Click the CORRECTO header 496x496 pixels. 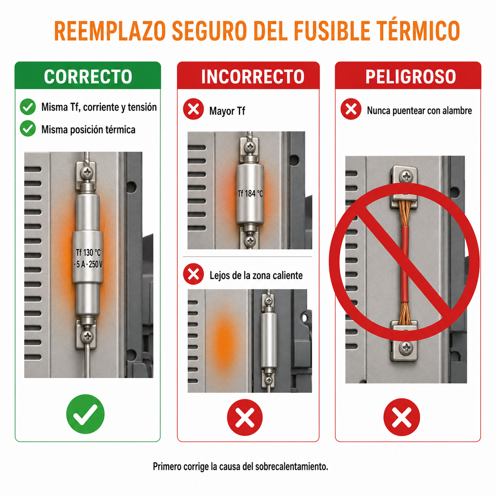click(x=88, y=76)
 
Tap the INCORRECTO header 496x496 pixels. click(x=252, y=76)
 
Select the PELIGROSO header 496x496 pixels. click(x=411, y=76)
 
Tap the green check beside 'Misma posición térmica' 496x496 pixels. click(x=28, y=128)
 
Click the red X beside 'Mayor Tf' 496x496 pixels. click(x=193, y=109)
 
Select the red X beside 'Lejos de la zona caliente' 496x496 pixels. click(x=193, y=274)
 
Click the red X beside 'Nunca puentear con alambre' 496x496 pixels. click(x=351, y=109)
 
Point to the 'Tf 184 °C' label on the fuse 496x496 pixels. click(x=250, y=193)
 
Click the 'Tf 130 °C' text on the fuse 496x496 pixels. click(x=88, y=252)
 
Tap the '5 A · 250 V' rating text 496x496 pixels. click(x=88, y=264)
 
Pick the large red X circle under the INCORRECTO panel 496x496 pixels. click(x=244, y=417)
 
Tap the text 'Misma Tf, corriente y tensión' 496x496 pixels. click(x=99, y=107)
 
